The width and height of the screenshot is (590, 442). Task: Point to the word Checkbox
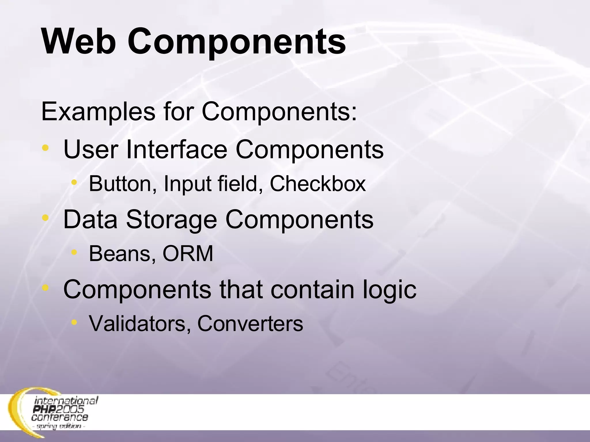[317, 183]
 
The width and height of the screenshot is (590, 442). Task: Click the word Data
[90, 220]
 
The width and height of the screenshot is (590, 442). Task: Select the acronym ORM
[188, 254]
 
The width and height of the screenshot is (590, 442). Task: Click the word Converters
[250, 323]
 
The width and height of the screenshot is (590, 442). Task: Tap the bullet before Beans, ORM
[74, 252]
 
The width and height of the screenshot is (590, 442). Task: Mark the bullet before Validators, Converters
[74, 322]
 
